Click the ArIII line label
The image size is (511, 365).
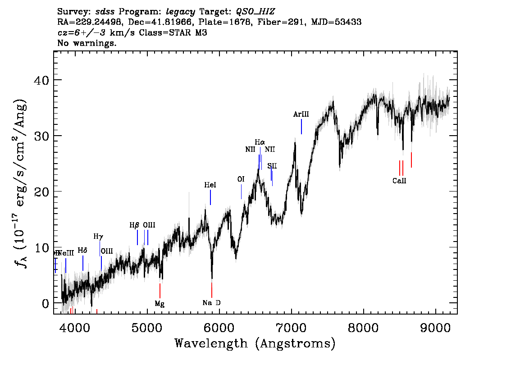tap(301, 114)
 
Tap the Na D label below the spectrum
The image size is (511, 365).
tap(211, 303)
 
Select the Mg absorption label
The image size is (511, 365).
tap(160, 304)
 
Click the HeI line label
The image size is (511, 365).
tap(210, 185)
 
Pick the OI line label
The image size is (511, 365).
tap(241, 179)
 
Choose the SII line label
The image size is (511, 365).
tap(272, 166)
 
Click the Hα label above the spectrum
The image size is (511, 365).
tap(260, 142)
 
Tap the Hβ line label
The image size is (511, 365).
tap(134, 225)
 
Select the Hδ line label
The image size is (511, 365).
tap(82, 250)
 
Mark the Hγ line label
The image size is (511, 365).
tap(98, 236)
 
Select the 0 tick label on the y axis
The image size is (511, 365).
tap(45, 303)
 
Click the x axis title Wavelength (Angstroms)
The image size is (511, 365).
tap(255, 344)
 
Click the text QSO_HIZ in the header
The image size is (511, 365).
tap(255, 10)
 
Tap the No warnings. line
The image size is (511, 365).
tap(87, 43)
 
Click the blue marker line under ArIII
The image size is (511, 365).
tap(301, 126)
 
